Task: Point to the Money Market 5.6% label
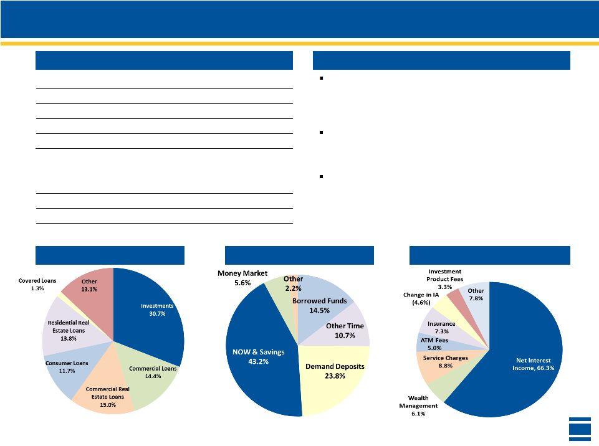coord(242,278)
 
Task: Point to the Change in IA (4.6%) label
coord(421,298)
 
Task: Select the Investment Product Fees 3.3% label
coord(445,279)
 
